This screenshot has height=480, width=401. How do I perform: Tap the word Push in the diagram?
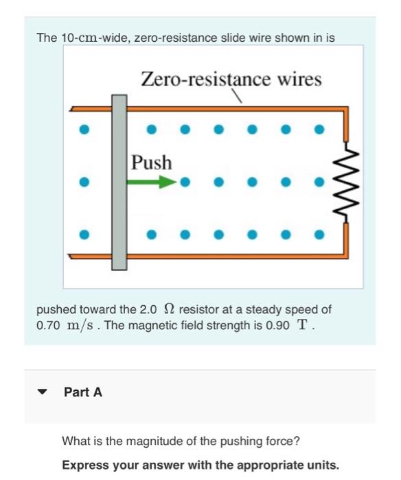pyautogui.click(x=152, y=163)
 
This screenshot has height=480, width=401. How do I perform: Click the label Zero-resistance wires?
pyautogui.click(x=231, y=80)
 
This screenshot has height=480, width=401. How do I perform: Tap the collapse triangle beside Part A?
pyautogui.click(x=43, y=393)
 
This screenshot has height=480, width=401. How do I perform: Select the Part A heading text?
pyautogui.click(x=82, y=392)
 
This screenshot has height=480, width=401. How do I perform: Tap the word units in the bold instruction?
pyautogui.click(x=321, y=464)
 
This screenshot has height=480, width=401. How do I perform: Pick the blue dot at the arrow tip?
pyautogui.click(x=184, y=183)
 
